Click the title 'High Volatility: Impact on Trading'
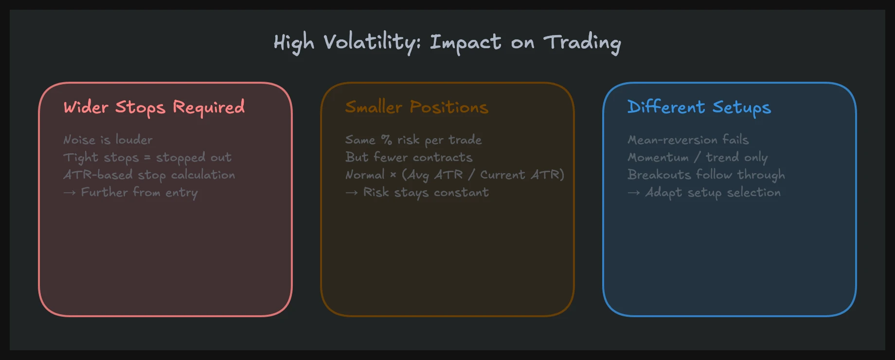(447, 42)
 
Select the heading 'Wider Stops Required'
(154, 107)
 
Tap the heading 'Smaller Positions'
(416, 107)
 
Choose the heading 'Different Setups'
(699, 107)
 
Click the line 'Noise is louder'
(108, 140)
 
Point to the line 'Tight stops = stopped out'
(147, 158)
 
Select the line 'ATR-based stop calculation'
(149, 175)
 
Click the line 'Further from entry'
(139, 193)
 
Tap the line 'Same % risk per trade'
(413, 140)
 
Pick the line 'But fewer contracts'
(409, 158)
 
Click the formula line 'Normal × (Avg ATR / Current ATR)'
(455, 175)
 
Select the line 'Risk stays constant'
(426, 193)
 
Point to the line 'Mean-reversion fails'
(688, 140)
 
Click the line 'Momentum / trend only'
(698, 158)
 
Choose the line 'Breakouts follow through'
(706, 175)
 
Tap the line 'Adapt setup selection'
(713, 193)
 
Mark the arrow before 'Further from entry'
(70, 193)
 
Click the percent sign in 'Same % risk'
(386, 140)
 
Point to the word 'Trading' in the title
(582, 42)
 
